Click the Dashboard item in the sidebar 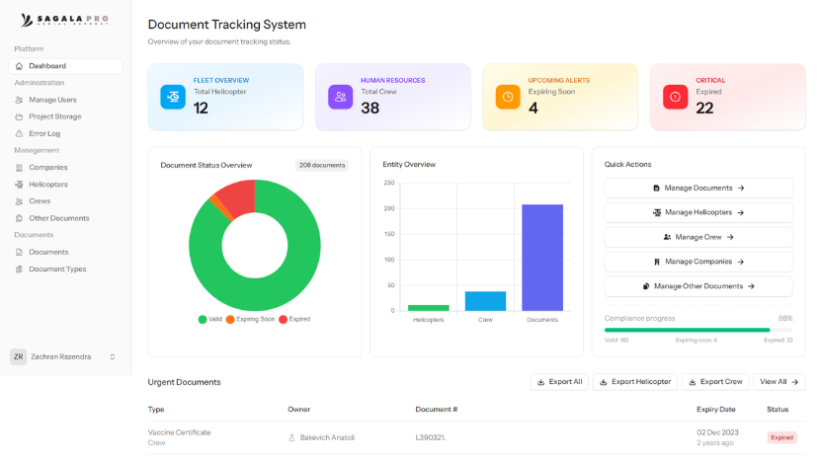(x=46, y=66)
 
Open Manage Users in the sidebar (x=52, y=100)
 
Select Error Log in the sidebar (x=44, y=133)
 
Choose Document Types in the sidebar (x=57, y=269)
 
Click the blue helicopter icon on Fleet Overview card (x=173, y=97)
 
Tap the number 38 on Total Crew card (x=370, y=109)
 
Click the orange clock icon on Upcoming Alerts (x=508, y=97)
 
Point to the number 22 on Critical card (x=704, y=109)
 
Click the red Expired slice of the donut (x=237, y=197)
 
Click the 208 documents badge (x=321, y=165)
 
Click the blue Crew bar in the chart (x=485, y=301)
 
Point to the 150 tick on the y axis (x=388, y=234)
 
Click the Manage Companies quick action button (x=698, y=262)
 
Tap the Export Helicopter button (x=634, y=382)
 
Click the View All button (x=779, y=382)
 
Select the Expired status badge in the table (x=781, y=437)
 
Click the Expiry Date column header (x=715, y=409)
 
